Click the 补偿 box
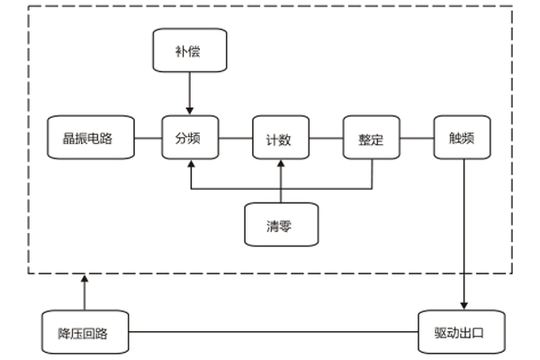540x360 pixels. point(190,51)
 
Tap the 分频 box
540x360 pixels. point(190,139)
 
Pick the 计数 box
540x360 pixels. point(280,139)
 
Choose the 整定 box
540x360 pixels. point(371,139)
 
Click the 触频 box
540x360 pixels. point(462,139)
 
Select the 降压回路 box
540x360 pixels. point(85,332)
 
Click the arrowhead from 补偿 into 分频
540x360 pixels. point(190,111)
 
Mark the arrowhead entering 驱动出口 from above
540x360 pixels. point(463,304)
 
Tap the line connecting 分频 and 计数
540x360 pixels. point(236,139)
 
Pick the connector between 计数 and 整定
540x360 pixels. point(326,139)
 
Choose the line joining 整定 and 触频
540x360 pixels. point(417,139)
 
